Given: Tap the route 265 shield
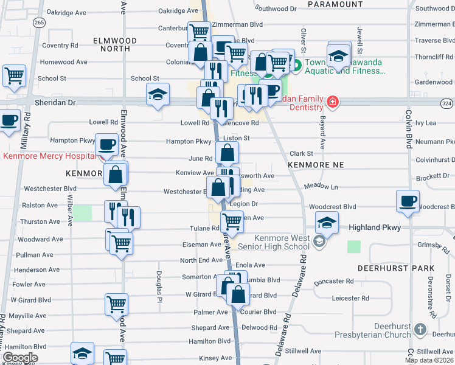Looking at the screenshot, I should pyautogui.click(x=40, y=23).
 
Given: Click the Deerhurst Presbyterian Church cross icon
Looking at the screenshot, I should pyautogui.click(x=420, y=330).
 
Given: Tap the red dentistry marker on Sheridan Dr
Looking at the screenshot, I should pyautogui.click(x=332, y=101).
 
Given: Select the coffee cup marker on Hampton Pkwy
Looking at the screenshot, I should pyautogui.click(x=107, y=144).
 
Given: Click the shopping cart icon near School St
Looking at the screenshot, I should pyautogui.click(x=13, y=75).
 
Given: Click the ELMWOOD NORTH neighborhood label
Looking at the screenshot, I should pyautogui.click(x=115, y=40).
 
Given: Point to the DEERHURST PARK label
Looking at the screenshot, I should pyautogui.click(x=404, y=268).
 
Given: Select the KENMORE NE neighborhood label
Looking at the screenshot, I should pyautogui.click(x=316, y=165).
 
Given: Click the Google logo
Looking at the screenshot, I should pyautogui.click(x=20, y=357).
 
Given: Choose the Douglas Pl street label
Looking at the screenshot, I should pyautogui.click(x=159, y=287).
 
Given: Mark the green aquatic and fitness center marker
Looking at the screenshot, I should pyautogui.click(x=299, y=66).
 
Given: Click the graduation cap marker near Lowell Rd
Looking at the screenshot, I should pyautogui.click(x=158, y=94).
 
